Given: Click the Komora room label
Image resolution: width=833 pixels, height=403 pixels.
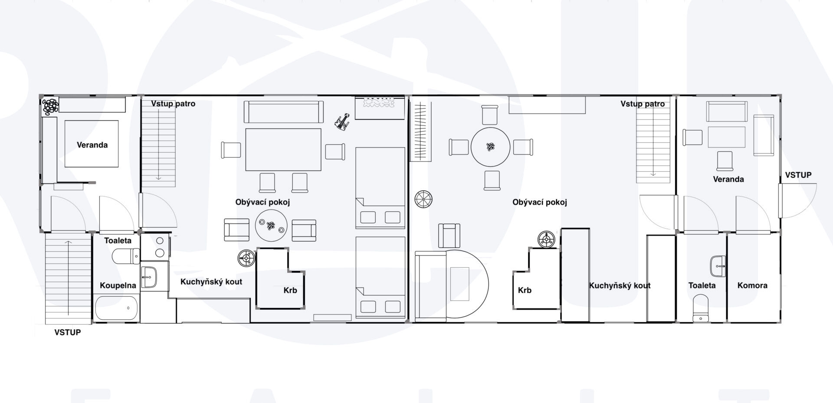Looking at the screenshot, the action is (752, 285).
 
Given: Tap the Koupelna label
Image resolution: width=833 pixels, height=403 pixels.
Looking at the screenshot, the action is (118, 285).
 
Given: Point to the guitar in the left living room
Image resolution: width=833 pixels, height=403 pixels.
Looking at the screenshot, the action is (343, 121).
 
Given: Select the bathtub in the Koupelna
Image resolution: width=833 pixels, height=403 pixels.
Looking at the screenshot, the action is (117, 308).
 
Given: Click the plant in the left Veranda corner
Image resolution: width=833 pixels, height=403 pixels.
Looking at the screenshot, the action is (50, 107).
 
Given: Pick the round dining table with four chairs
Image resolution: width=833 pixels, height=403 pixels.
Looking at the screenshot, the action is (490, 147).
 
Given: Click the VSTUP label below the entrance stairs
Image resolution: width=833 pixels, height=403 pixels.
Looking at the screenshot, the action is (68, 333).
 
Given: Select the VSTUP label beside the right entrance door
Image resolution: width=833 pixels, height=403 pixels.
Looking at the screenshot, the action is (798, 175).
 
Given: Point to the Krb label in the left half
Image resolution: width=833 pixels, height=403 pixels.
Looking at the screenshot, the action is (290, 290).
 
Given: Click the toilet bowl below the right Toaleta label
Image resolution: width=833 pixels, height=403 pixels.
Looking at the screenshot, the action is (701, 308).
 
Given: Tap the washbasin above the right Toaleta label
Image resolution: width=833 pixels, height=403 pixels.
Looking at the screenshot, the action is (718, 265).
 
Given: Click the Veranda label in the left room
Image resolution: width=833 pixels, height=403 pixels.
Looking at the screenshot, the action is (92, 145).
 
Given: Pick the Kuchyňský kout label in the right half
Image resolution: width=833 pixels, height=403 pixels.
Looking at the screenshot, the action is (620, 285).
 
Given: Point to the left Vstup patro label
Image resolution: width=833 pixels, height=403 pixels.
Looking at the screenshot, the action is (173, 104).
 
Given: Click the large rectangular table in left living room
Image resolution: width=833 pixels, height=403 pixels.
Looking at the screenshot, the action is (283, 149).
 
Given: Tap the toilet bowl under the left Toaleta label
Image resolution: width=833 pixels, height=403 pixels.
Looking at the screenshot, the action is (126, 256).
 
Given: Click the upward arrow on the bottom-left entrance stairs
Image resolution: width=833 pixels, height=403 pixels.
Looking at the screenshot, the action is (68, 278).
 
